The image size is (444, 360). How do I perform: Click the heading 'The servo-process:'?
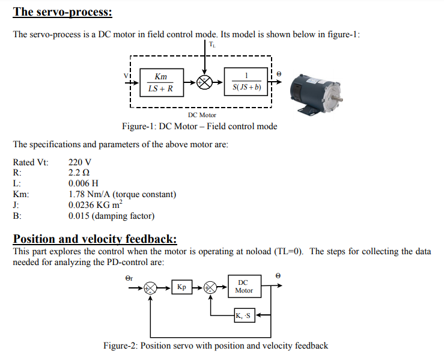point(62,11)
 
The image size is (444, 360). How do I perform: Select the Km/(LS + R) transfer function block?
point(160,83)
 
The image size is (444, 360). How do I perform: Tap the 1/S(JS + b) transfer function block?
point(246,82)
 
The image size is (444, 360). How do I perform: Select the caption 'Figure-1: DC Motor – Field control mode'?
point(199,127)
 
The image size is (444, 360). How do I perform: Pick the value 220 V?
point(80,162)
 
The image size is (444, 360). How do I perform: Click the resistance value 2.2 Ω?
point(79,173)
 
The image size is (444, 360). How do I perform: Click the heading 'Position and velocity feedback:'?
point(94,239)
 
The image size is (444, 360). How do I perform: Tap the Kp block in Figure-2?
point(181,287)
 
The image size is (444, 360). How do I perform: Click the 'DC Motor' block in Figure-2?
point(243,286)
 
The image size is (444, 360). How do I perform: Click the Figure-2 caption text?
point(215,346)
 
